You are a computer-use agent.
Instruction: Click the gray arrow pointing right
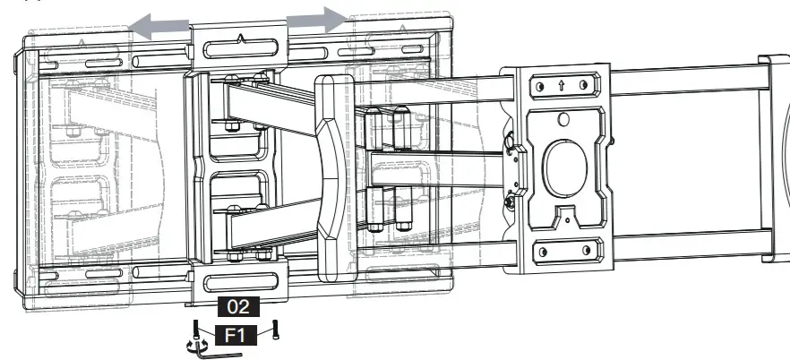click(x=318, y=19)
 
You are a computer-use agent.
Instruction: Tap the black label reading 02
click(x=238, y=306)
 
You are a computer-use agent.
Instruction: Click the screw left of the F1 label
click(x=195, y=331)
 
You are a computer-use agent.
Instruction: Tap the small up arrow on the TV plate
click(x=560, y=86)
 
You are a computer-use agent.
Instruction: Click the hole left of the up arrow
click(x=537, y=86)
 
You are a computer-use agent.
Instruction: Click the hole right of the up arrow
click(x=583, y=86)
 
